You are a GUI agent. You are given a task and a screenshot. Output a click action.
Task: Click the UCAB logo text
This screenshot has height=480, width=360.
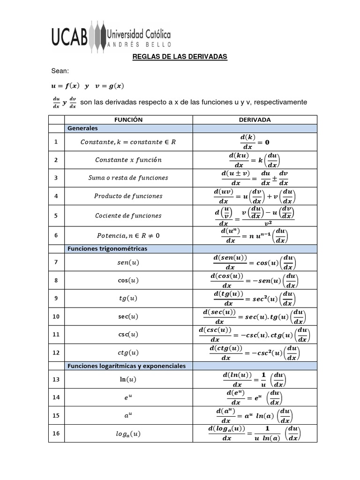[69, 37]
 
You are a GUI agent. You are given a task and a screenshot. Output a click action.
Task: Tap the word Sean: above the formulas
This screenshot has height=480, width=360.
[60, 71]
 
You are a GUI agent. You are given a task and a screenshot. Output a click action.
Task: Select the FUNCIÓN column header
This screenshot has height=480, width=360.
[128, 120]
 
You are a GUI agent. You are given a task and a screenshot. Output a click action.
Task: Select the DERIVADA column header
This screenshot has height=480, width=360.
[255, 120]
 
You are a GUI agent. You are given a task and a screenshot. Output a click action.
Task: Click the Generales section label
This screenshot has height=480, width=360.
[82, 128]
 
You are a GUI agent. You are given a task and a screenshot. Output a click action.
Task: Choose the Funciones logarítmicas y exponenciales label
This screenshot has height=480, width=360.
[127, 366]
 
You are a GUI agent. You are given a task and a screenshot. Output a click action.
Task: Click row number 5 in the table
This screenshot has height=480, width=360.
[56, 216]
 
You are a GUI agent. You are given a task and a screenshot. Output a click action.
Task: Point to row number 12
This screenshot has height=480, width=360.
[56, 352]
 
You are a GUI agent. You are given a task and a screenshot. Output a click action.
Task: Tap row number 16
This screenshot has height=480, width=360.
[56, 434]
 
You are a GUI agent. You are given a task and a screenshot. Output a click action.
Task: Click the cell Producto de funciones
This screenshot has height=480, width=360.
[128, 196]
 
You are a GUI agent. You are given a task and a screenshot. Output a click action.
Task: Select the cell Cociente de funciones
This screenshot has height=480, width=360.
[128, 216]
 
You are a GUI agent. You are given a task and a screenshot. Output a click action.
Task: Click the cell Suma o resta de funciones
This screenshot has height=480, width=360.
[128, 178]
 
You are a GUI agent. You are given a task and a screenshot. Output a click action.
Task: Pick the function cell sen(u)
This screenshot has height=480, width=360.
[128, 263]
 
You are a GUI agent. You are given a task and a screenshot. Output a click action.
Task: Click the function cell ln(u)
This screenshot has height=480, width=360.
[128, 379]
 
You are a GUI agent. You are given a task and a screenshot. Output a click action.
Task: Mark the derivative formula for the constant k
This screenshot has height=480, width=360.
[255, 142]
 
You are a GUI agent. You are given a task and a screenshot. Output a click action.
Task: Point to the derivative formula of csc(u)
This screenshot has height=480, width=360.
[255, 334]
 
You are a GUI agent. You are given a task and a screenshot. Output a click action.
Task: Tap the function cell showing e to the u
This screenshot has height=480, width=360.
[128, 397]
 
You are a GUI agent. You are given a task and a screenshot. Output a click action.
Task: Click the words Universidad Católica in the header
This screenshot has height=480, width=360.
[139, 34]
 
